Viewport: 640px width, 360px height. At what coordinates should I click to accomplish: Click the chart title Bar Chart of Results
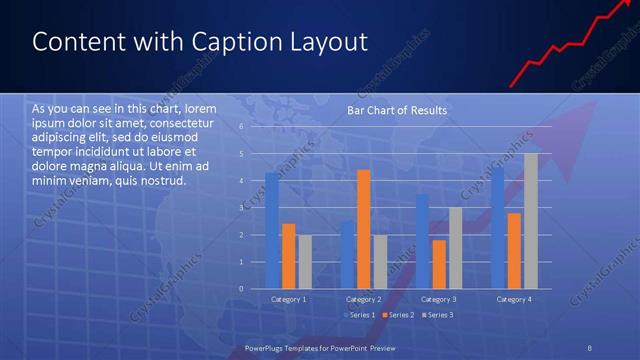pos(397,110)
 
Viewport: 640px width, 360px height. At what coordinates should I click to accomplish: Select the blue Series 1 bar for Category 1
pos(271,230)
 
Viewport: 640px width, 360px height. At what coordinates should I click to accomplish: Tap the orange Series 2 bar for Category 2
pos(363,229)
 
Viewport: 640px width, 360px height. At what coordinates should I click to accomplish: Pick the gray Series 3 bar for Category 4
pos(530,221)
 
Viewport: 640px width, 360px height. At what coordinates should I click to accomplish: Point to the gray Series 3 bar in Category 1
pos(304,262)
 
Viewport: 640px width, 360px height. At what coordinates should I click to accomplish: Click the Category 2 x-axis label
pos(363,299)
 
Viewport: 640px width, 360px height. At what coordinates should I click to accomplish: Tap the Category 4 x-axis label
pos(513,299)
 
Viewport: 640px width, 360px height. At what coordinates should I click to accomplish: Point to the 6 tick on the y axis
pos(241,127)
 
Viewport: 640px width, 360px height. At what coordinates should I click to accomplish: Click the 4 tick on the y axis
pos(241,181)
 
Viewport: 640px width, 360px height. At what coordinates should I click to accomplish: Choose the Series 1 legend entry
pos(361,315)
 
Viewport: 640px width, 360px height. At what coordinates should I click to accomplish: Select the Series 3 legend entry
pos(439,315)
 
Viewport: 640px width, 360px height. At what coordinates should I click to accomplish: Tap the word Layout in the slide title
pos(329,42)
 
